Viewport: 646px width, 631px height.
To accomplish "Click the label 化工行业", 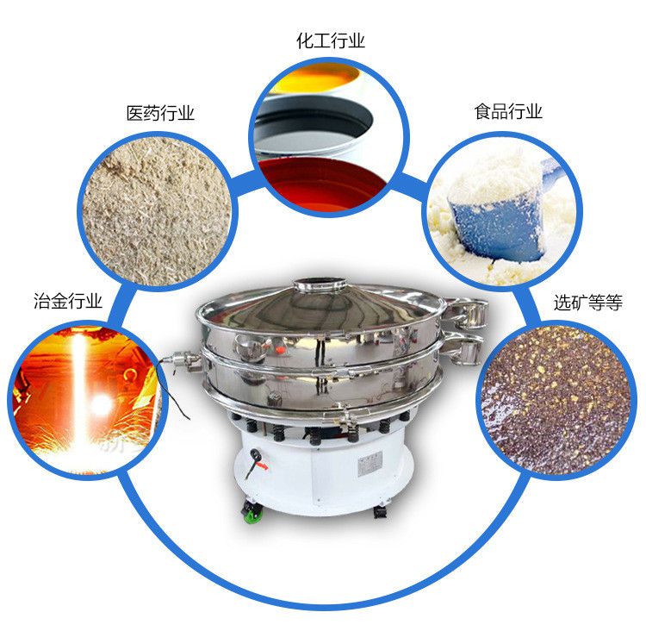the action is [x=331, y=41].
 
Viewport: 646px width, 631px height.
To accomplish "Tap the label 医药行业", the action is [x=160, y=113].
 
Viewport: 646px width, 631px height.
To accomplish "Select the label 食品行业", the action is [x=508, y=111].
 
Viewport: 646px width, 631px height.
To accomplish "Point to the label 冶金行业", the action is [x=68, y=301].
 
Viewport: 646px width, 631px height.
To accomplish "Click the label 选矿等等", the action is [x=588, y=303].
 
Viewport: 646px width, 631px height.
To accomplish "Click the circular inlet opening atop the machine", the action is [x=320, y=284].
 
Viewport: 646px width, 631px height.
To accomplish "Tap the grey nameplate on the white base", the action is [x=370, y=464].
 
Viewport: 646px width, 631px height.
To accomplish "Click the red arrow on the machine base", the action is [x=262, y=466].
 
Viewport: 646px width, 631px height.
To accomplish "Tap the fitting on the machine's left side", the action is [x=181, y=359].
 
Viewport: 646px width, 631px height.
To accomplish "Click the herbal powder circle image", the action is [x=158, y=211].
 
